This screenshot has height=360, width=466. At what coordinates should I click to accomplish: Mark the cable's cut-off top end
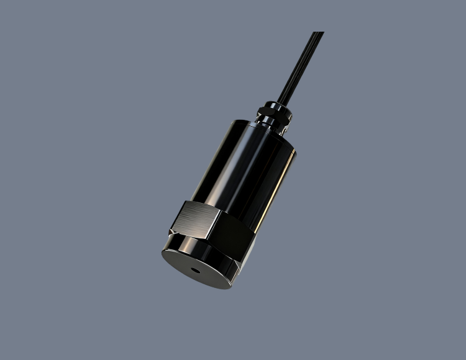pyautogui.click(x=318, y=33)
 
